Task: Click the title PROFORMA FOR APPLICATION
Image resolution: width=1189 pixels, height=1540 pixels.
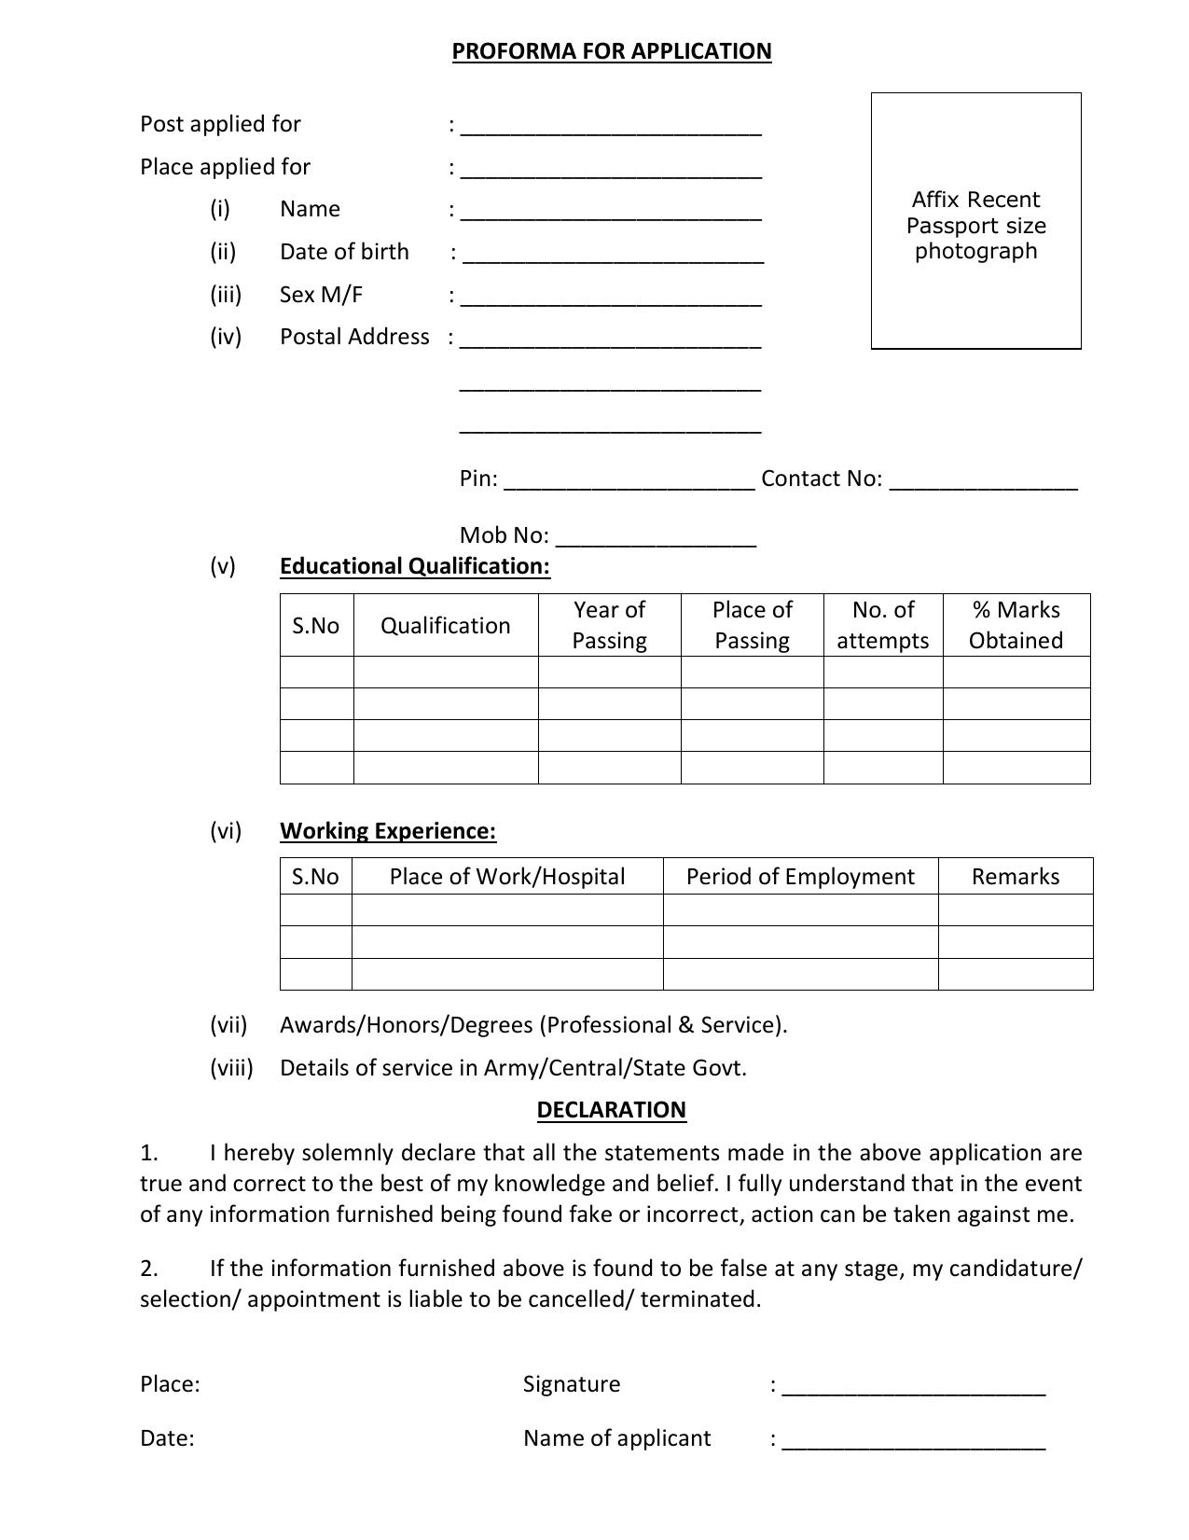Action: [612, 51]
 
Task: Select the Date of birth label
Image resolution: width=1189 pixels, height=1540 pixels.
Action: [344, 252]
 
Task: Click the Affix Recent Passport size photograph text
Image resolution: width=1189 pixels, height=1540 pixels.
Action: [975, 226]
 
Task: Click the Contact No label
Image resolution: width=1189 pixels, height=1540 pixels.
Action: [821, 479]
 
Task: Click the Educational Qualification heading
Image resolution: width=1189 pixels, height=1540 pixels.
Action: [415, 566]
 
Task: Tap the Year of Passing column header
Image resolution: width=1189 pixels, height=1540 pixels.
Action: [609, 625]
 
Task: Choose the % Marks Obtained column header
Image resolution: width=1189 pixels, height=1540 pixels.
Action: [1016, 625]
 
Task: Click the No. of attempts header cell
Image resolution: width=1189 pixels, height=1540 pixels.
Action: [882, 625]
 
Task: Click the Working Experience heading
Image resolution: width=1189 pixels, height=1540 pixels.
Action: [388, 831]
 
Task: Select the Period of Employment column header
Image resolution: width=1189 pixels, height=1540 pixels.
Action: [800, 877]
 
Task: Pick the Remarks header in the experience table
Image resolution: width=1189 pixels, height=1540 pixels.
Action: [1015, 877]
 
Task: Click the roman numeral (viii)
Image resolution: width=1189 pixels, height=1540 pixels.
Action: [231, 1068]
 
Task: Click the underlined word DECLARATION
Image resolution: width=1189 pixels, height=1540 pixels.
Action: [611, 1110]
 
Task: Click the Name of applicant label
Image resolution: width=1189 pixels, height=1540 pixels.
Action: [616, 1438]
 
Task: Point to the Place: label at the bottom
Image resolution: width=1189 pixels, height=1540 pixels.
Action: [170, 1384]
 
